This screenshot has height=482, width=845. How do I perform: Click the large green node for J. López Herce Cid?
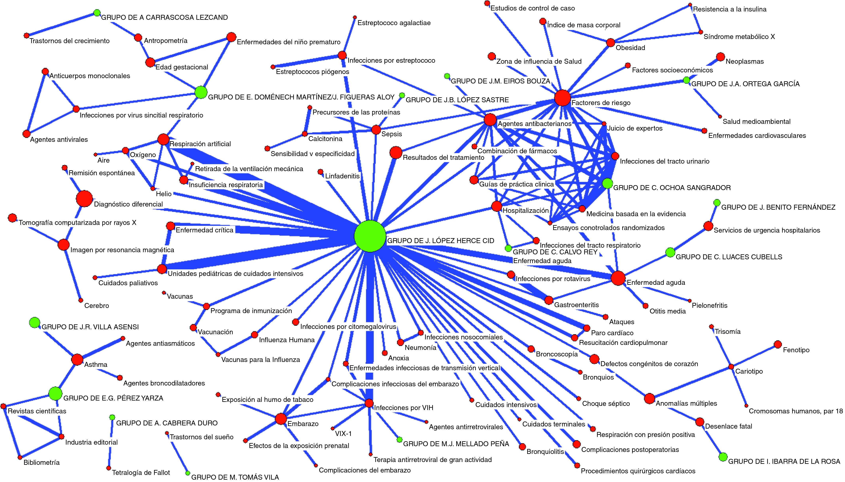[370, 236]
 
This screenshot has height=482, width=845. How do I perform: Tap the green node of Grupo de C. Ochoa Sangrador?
[607, 183]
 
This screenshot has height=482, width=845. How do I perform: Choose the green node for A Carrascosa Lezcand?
[97, 13]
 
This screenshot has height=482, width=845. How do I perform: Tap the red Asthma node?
[77, 360]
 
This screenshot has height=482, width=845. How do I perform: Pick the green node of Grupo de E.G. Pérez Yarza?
[55, 393]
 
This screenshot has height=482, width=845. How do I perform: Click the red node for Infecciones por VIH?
[369, 403]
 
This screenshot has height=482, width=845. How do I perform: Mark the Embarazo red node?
[281, 419]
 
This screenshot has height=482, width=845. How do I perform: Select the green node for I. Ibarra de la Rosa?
[723, 457]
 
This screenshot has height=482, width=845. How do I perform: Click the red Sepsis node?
[376, 130]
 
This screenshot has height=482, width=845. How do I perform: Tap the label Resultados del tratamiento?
[443, 158]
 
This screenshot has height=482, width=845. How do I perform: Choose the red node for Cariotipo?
[731, 367]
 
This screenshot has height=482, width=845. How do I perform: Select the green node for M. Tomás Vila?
[188, 473]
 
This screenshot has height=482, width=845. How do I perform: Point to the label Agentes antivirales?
[59, 139]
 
